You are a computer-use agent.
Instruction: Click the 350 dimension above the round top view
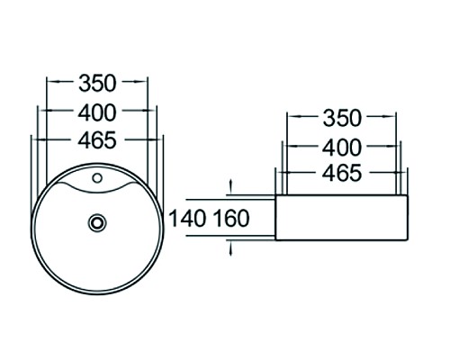97,83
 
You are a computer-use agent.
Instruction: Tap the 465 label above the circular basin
97,139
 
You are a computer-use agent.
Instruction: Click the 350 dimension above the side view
341,118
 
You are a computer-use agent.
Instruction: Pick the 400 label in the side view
341,146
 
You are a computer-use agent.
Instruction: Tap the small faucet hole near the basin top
97,176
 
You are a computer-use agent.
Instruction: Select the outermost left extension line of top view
31,162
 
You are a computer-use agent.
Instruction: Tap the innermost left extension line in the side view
287,144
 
